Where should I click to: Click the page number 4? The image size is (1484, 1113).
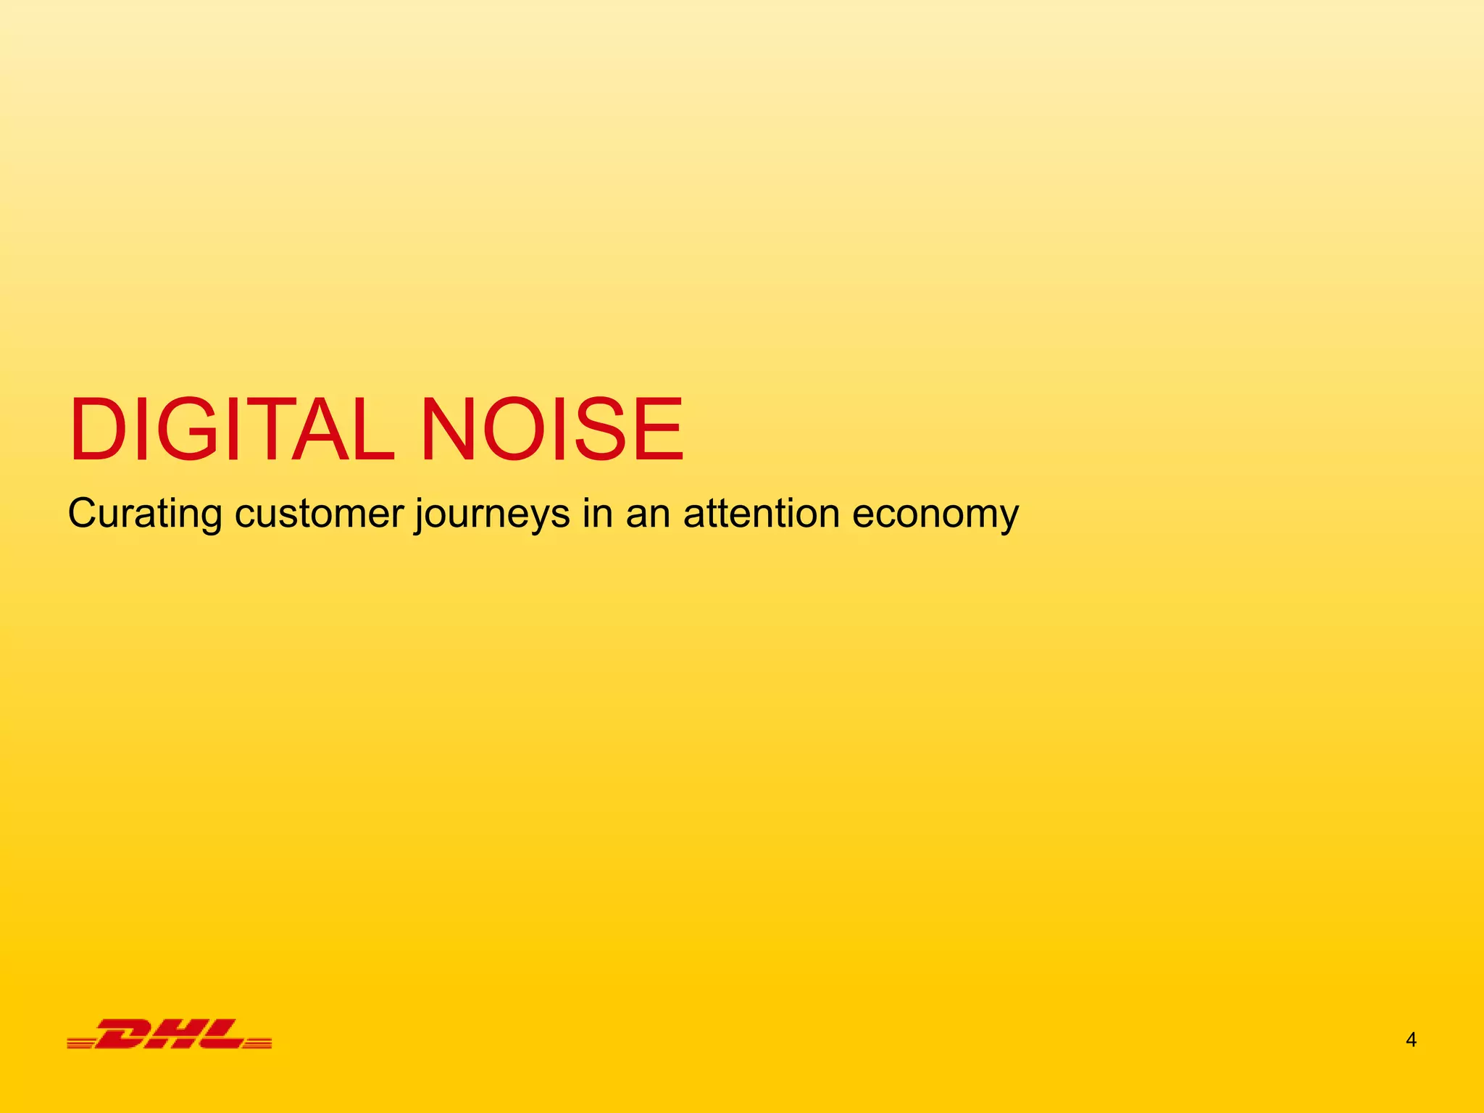pos(1411,1041)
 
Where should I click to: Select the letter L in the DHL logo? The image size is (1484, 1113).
pos(221,1034)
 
